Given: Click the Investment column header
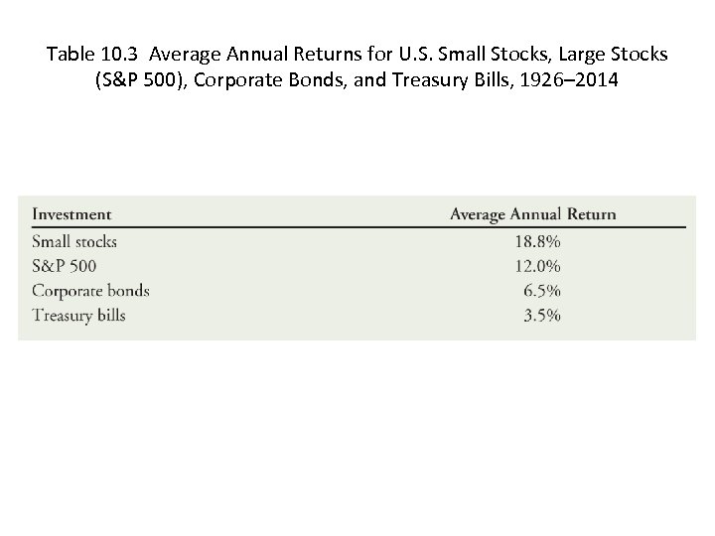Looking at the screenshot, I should click(x=71, y=214).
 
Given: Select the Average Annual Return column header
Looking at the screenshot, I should click(x=532, y=214).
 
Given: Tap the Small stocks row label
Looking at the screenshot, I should click(x=74, y=241).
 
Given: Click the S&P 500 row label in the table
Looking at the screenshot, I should click(x=65, y=266).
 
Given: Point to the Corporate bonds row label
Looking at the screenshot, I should click(x=90, y=291).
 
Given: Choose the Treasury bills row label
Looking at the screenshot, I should click(x=78, y=316).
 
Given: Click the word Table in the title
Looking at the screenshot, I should click(x=70, y=53).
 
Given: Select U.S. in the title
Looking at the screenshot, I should click(x=410, y=53).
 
